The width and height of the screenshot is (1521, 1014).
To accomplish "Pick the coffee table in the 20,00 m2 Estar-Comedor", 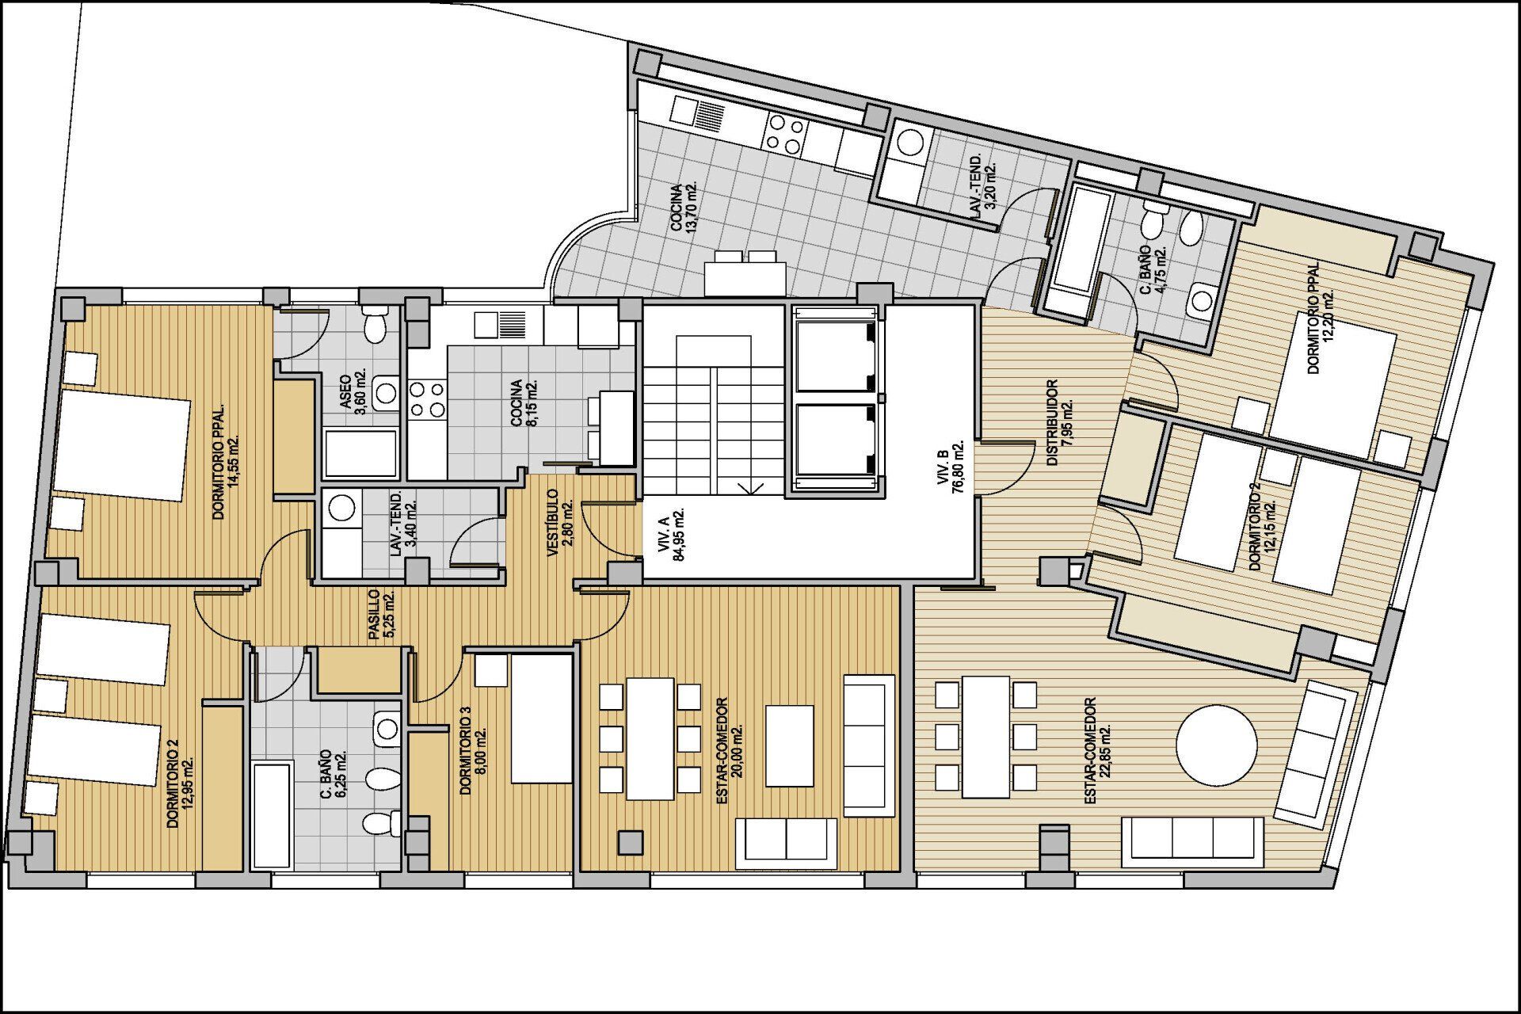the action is tap(790, 745).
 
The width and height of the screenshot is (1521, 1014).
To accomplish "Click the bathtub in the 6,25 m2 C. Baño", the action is tap(272, 815).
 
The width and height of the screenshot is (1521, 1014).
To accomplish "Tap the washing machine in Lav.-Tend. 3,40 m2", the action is tap(342, 508).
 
